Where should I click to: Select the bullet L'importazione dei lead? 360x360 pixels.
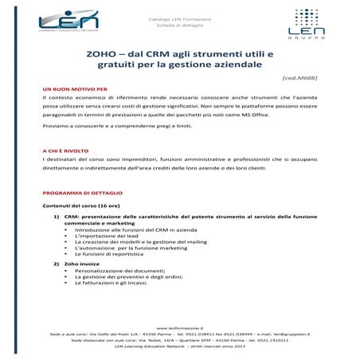coord(107,237)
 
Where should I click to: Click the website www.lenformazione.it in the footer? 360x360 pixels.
coord(181,327)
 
